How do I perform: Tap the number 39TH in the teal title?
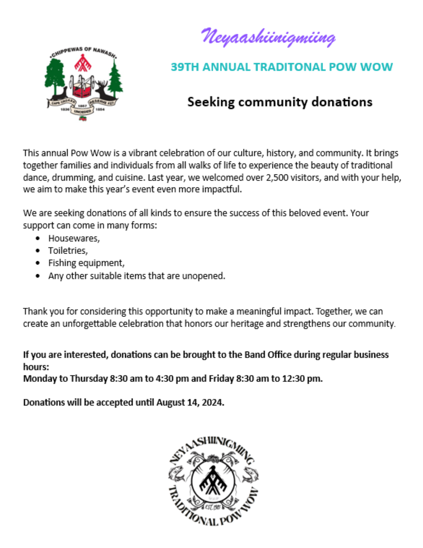(183, 67)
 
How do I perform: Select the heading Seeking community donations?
(280, 102)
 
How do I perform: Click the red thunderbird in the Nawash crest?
(83, 63)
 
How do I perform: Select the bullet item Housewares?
(73, 238)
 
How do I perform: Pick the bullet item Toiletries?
(67, 250)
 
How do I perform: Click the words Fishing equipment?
(86, 263)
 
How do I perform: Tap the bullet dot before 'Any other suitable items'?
(38, 276)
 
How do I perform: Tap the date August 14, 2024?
(190, 402)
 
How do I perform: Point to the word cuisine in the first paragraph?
(128, 178)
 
